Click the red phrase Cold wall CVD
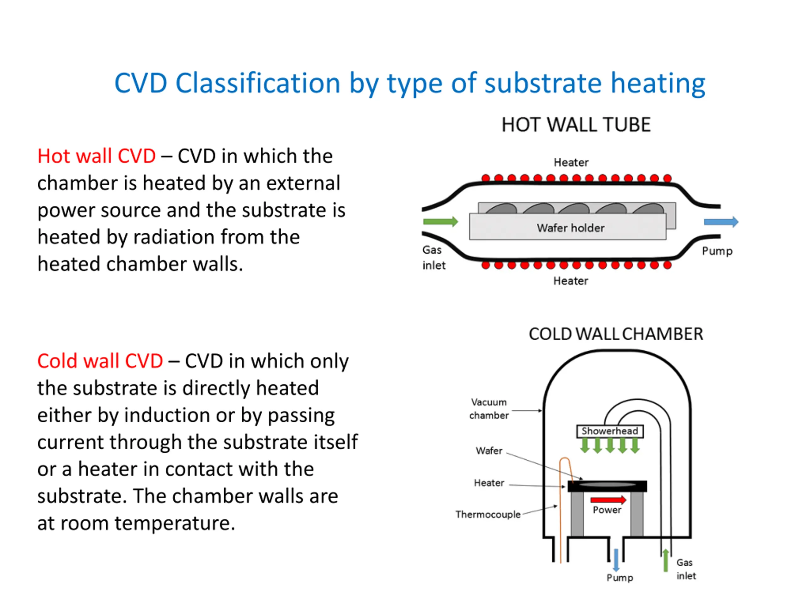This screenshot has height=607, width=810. click(100, 361)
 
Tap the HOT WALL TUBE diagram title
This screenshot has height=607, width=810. click(576, 125)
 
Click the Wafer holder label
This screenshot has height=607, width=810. click(570, 228)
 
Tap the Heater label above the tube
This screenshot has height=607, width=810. click(571, 162)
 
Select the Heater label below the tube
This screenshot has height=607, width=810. click(570, 281)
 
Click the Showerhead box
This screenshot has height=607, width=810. click(610, 431)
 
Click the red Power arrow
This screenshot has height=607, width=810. click(608, 500)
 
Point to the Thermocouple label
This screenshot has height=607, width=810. click(488, 514)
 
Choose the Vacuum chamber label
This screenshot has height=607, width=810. click(489, 409)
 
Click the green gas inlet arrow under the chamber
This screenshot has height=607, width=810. click(666, 560)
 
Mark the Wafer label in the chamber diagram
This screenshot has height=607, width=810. click(489, 451)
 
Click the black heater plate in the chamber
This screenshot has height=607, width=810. click(607, 486)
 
